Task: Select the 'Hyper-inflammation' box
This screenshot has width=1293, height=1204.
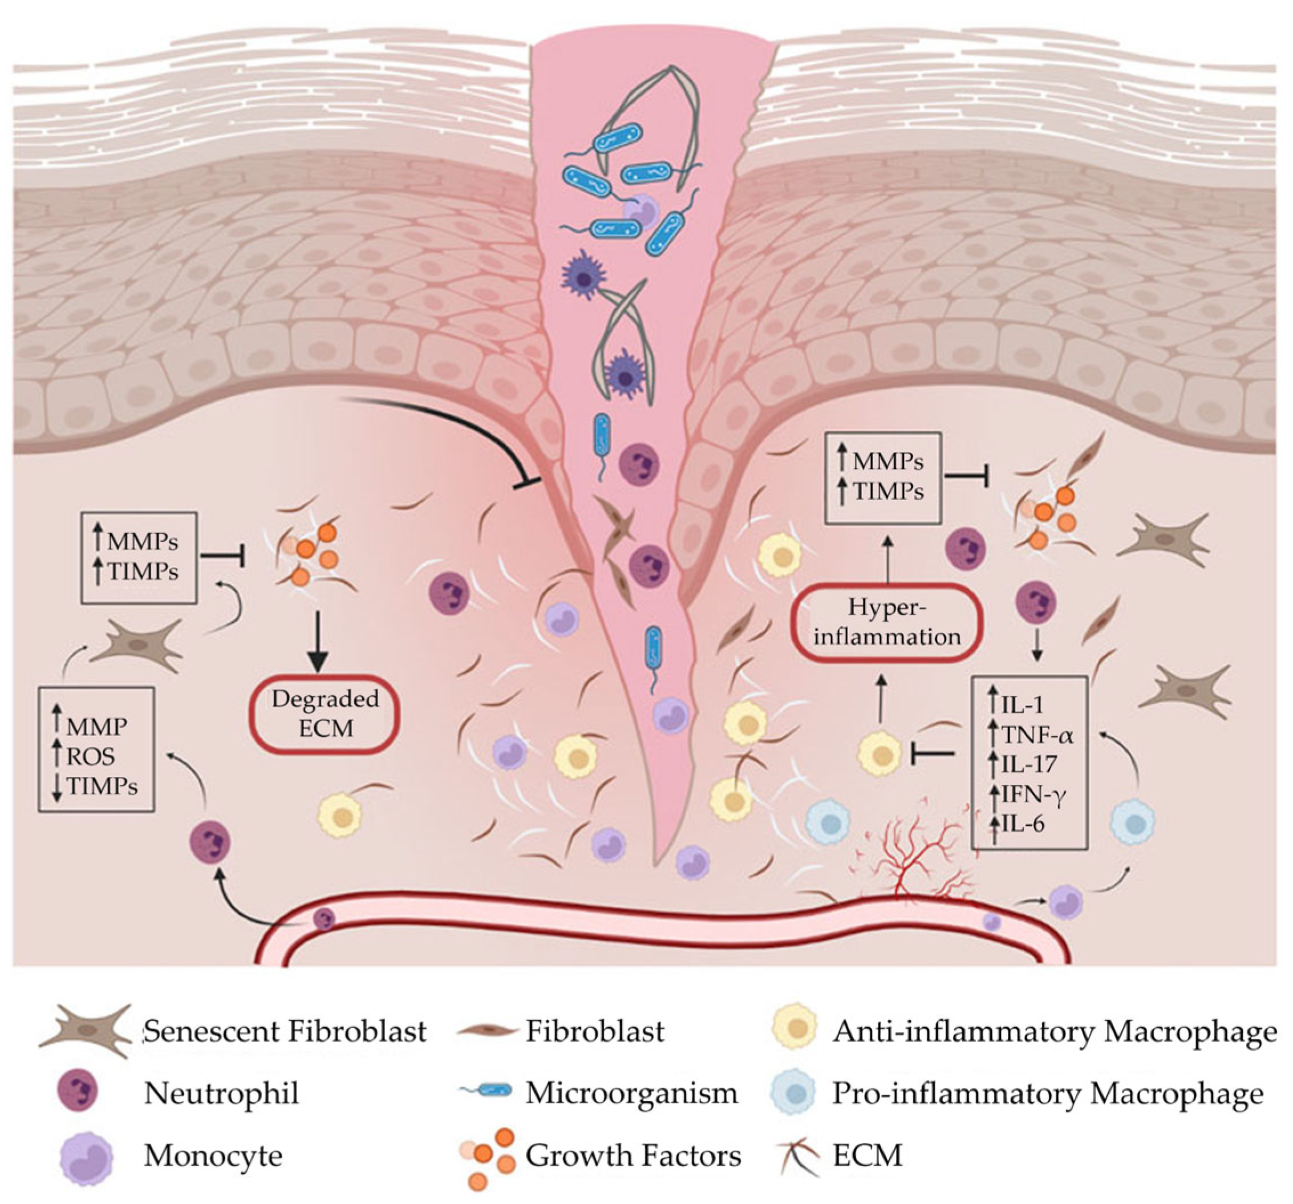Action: pos(886,622)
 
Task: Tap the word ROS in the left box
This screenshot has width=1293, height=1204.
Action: pos(91,756)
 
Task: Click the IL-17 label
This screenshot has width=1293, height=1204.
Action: pos(1029,764)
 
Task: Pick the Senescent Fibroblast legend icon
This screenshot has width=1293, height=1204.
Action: pos(84,1032)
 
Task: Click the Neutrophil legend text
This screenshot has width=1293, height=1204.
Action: pos(221,1093)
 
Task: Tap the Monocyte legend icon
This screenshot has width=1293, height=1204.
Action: pos(86,1157)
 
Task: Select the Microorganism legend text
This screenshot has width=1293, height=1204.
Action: pos(631,1093)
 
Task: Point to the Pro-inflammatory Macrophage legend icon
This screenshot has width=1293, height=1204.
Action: pos(792,1094)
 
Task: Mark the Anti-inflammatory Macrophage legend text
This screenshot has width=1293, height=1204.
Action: pos(1054,1032)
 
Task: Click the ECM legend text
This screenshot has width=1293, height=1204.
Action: pos(867,1156)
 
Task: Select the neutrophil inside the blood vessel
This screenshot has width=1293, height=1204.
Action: pos(323,919)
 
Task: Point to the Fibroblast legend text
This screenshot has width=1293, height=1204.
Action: pos(595,1032)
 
